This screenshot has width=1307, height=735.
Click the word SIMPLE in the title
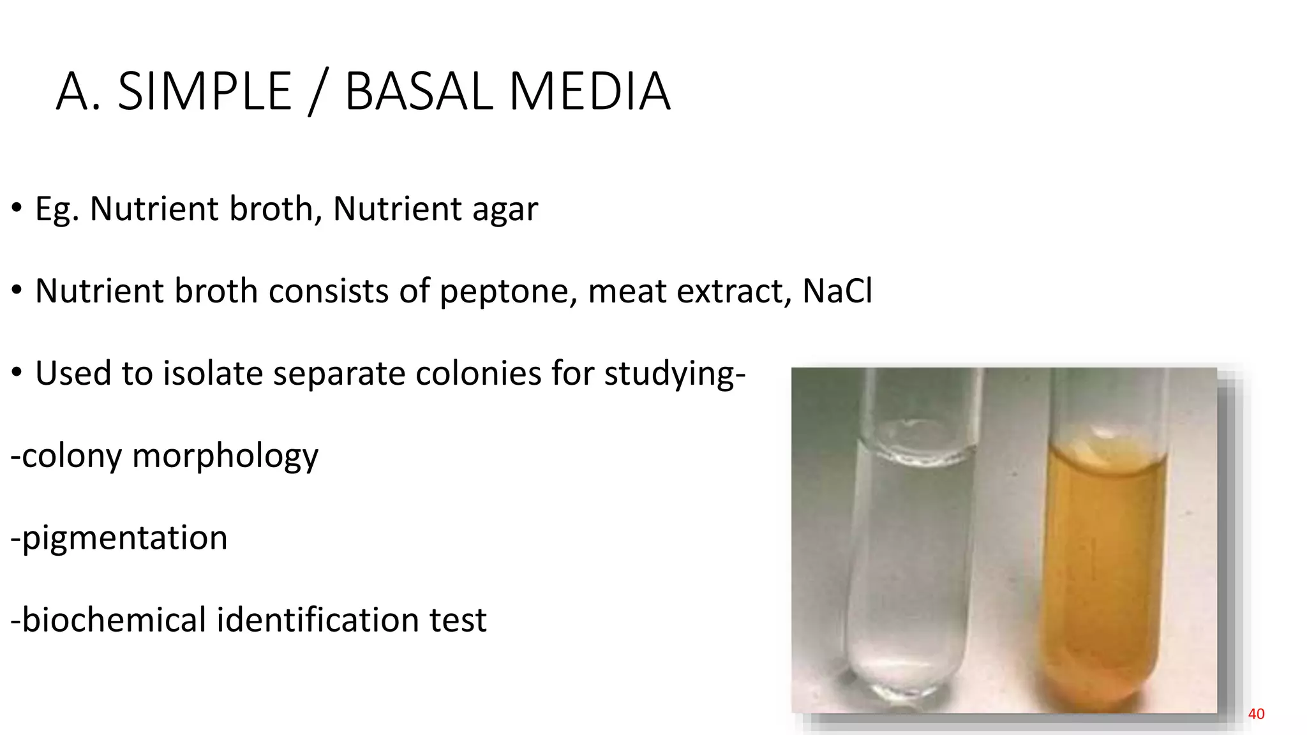205,91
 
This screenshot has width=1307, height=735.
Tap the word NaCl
837,291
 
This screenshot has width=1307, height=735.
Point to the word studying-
675,375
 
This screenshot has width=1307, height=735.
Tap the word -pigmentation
119,538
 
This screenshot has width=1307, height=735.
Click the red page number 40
1256,714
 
